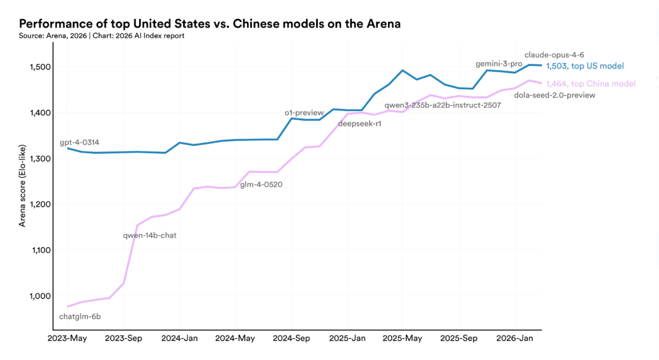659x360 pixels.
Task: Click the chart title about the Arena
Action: click(x=210, y=24)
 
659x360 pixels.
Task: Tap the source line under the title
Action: click(x=101, y=36)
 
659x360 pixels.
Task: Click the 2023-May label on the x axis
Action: click(x=68, y=338)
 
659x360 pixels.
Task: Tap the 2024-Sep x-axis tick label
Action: click(x=291, y=338)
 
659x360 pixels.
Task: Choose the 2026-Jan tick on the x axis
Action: click(x=514, y=338)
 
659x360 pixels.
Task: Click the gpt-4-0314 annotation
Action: click(x=79, y=143)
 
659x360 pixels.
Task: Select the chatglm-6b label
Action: click(x=80, y=317)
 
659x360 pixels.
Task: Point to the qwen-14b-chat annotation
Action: click(x=149, y=235)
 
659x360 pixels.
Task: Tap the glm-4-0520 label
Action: click(x=261, y=184)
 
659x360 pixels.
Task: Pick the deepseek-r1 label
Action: click(x=359, y=124)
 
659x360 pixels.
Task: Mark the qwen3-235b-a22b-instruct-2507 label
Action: click(x=442, y=106)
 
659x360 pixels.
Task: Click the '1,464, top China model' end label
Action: click(x=591, y=84)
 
